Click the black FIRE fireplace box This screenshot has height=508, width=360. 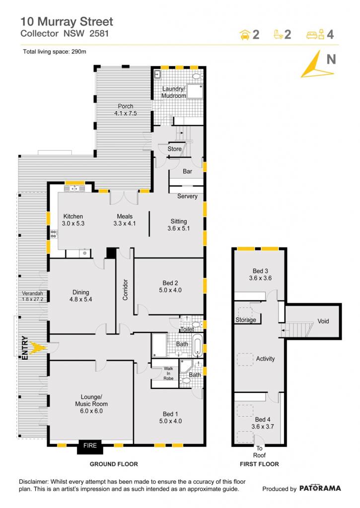tap(90, 446)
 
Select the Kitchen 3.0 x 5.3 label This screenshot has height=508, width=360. tap(73, 220)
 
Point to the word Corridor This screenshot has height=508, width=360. tap(125, 290)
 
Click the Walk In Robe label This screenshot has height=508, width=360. tap(168, 373)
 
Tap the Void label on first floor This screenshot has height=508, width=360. tap(323, 321)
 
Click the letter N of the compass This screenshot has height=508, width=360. tap(331, 60)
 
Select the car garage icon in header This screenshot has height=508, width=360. tap(244, 35)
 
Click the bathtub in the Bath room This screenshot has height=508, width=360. tap(198, 345)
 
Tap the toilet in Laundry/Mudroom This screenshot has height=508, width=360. tap(197, 76)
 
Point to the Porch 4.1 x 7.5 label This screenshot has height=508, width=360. tap(126, 110)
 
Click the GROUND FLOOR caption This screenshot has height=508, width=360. tap(114, 464)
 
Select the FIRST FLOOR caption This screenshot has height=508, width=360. tap(259, 464)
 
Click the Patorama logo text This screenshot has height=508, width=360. tap(320, 488)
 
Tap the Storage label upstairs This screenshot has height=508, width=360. tap(245, 320)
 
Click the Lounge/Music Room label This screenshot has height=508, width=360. tap(91, 404)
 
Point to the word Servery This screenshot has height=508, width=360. tap(187, 196)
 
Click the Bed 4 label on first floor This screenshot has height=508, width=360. tap(262, 423)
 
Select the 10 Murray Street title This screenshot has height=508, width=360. tap(67, 22)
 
